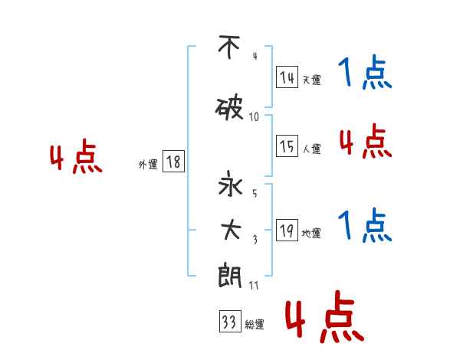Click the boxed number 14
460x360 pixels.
287,77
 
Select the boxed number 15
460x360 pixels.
287,147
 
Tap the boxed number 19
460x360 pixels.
287,231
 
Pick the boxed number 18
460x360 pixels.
173,162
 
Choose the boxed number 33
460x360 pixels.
228,322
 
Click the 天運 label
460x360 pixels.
311,80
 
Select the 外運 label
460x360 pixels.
148,165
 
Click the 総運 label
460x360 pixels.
255,325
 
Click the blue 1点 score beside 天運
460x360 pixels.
365,74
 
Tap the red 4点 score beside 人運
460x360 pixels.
365,142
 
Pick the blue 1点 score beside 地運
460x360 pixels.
365,226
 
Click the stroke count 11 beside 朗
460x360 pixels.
254,285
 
